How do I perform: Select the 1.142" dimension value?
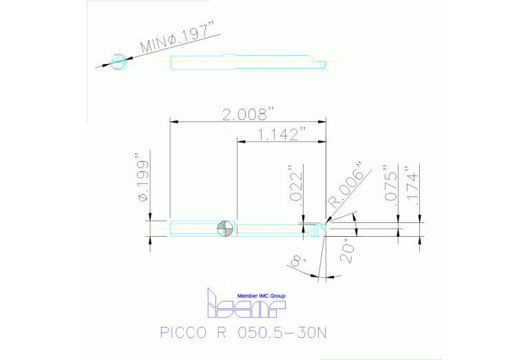point(278,134)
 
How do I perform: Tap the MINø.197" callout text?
point(178,38)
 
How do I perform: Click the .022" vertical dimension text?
point(295,184)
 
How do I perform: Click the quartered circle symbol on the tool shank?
point(225,229)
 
